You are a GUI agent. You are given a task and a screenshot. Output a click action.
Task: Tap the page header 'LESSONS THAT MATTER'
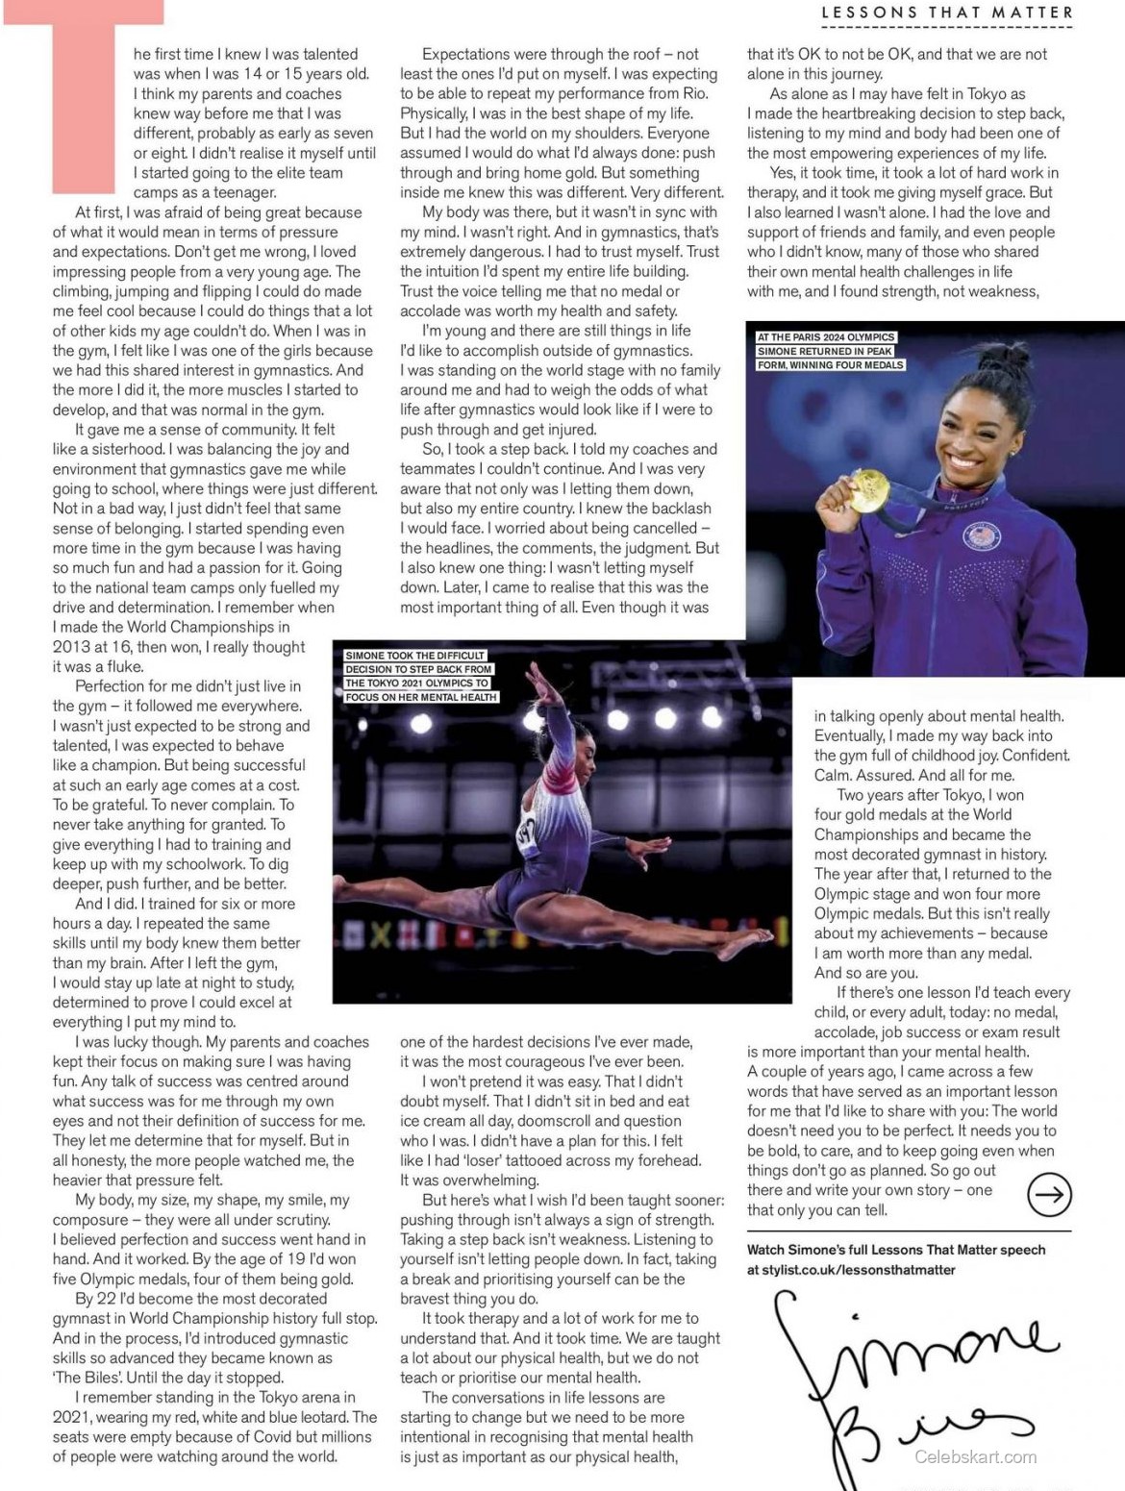tap(948, 12)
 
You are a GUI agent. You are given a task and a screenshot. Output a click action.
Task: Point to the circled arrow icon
tap(1049, 1194)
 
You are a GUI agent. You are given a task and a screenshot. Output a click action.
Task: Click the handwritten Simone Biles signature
tap(913, 1375)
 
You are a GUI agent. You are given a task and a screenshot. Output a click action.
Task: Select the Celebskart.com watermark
tap(975, 1456)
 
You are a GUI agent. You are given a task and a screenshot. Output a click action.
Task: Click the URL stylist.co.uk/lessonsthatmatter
tap(851, 1270)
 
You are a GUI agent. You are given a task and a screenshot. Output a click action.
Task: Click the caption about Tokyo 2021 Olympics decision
tap(421, 676)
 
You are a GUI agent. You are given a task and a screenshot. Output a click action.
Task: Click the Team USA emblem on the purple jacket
tap(981, 534)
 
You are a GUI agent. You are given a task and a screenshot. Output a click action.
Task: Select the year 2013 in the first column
tap(72, 647)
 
